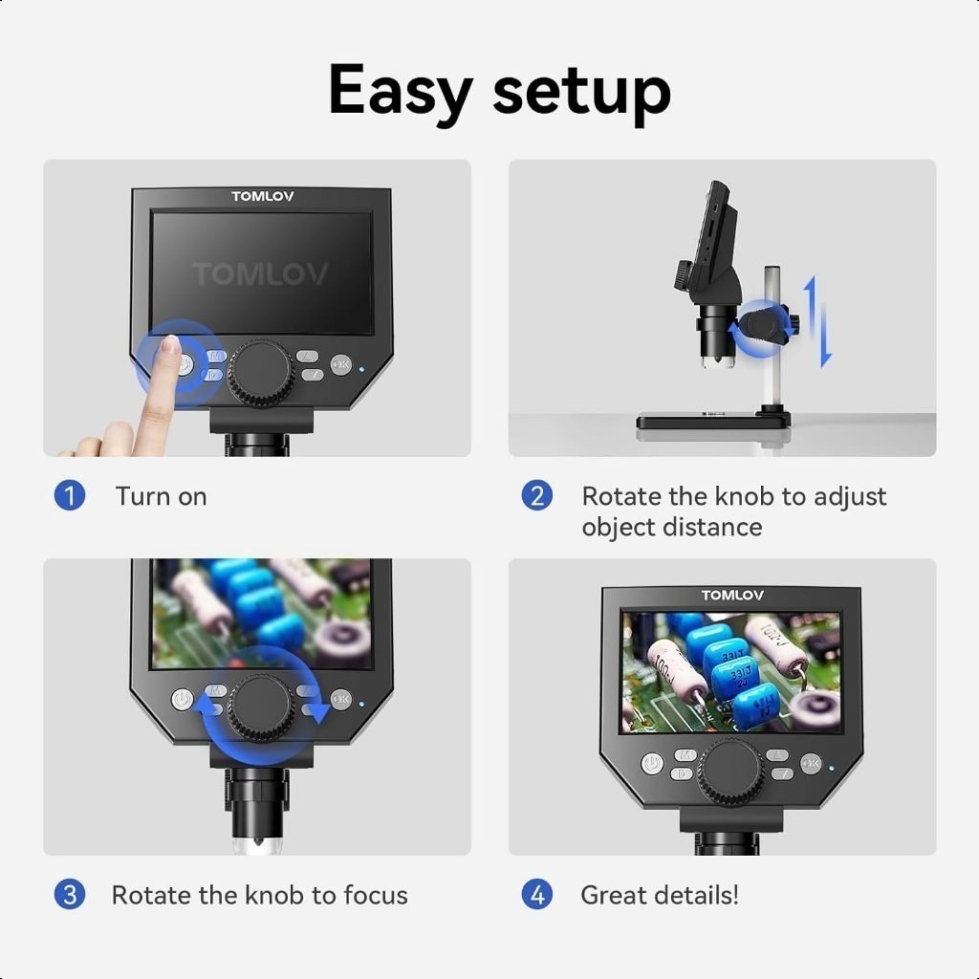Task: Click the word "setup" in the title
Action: (581, 93)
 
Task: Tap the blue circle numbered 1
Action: (70, 496)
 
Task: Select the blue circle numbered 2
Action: (536, 496)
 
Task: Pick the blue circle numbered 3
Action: (70, 895)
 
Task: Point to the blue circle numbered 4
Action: (536, 895)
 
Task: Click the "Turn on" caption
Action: (161, 496)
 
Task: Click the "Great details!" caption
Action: (659, 895)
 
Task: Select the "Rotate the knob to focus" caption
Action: (259, 895)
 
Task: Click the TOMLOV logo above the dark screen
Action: (263, 197)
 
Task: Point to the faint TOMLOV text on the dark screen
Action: (260, 275)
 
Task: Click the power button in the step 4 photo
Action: (652, 763)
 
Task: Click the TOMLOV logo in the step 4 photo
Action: (732, 596)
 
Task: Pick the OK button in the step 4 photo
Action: (811, 763)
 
